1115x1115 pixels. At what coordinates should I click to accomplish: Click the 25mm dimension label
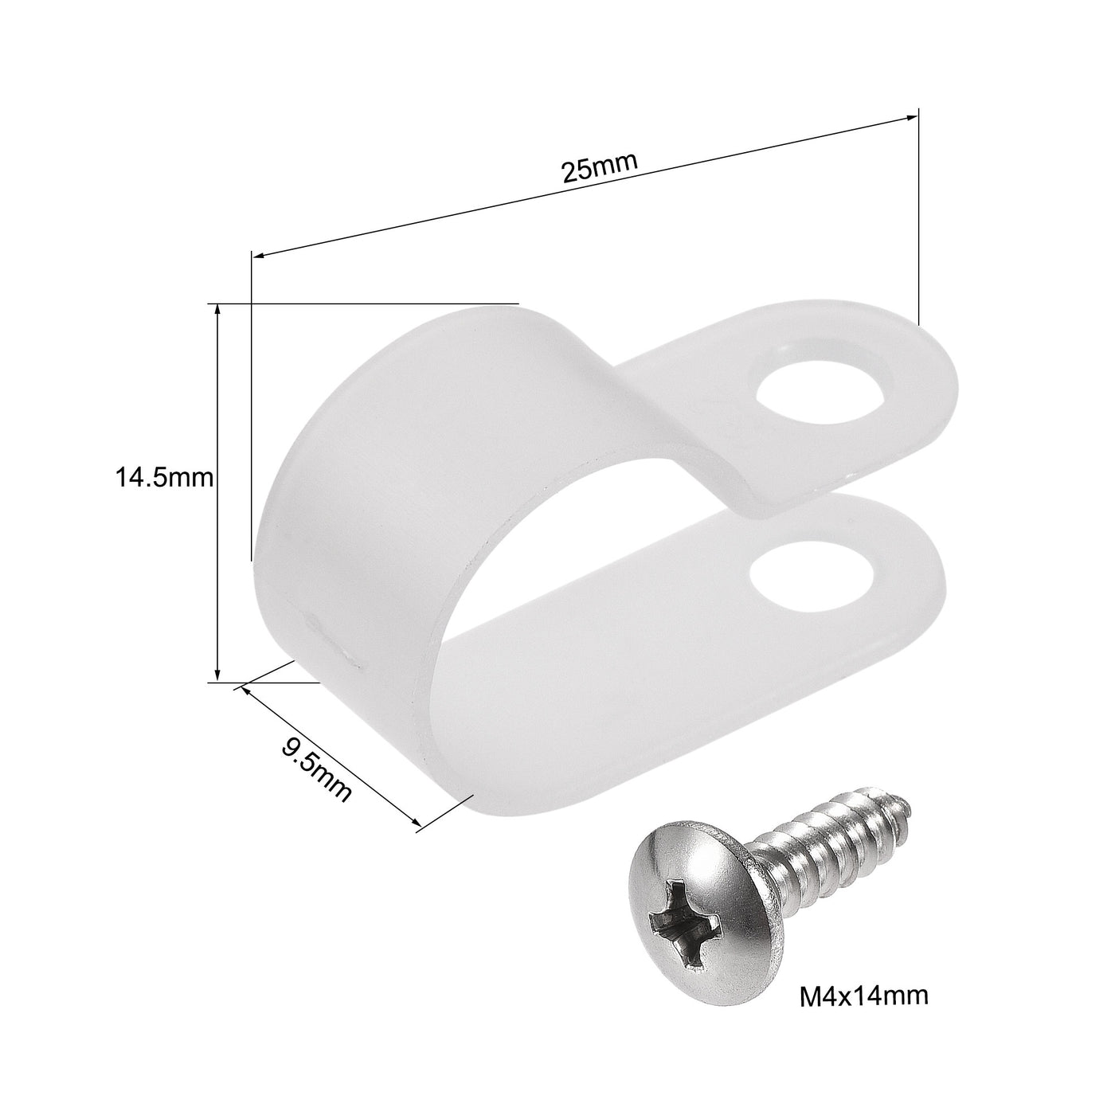(x=599, y=169)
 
